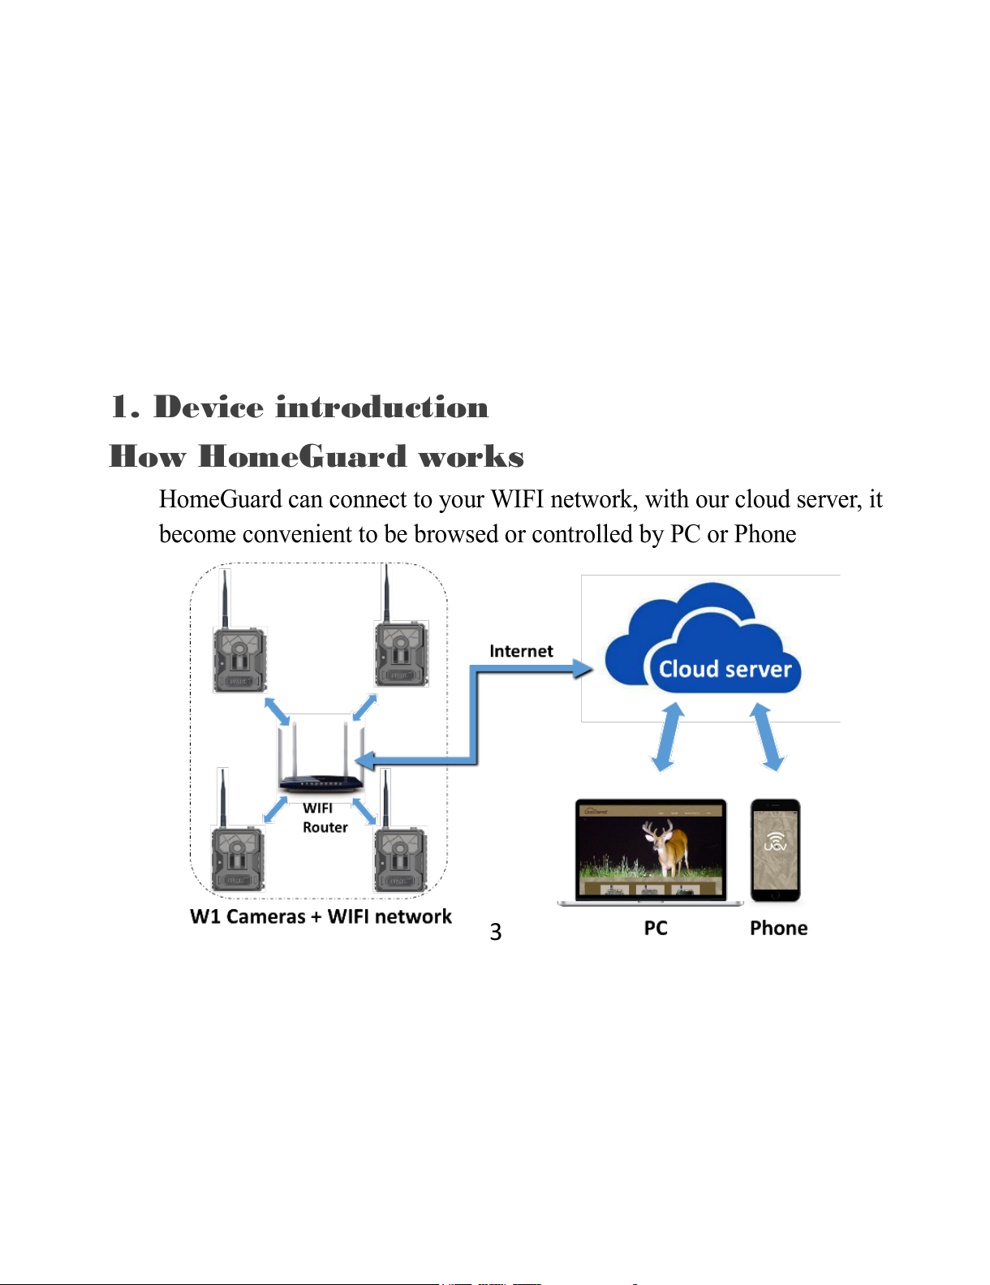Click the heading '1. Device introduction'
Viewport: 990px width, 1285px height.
[299, 407]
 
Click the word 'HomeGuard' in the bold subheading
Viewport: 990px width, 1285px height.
[302, 456]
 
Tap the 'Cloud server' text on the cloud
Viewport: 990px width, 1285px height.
[725, 669]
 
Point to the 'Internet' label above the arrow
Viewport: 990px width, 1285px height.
[521, 651]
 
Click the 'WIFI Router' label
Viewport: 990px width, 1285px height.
[325, 817]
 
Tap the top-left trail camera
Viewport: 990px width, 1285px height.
[239, 632]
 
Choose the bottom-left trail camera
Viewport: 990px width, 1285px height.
[238, 831]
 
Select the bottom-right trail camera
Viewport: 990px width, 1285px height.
[400, 831]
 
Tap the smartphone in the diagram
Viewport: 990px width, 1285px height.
[775, 851]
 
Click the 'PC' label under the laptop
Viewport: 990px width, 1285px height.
[656, 928]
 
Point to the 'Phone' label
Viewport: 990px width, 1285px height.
[778, 928]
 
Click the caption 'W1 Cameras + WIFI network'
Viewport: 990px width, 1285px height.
[321, 916]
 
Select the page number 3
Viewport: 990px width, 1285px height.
[495, 932]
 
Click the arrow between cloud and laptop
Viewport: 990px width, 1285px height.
[668, 737]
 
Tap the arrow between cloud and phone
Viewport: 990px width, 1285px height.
[767, 737]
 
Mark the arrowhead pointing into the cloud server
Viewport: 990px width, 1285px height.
[583, 669]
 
